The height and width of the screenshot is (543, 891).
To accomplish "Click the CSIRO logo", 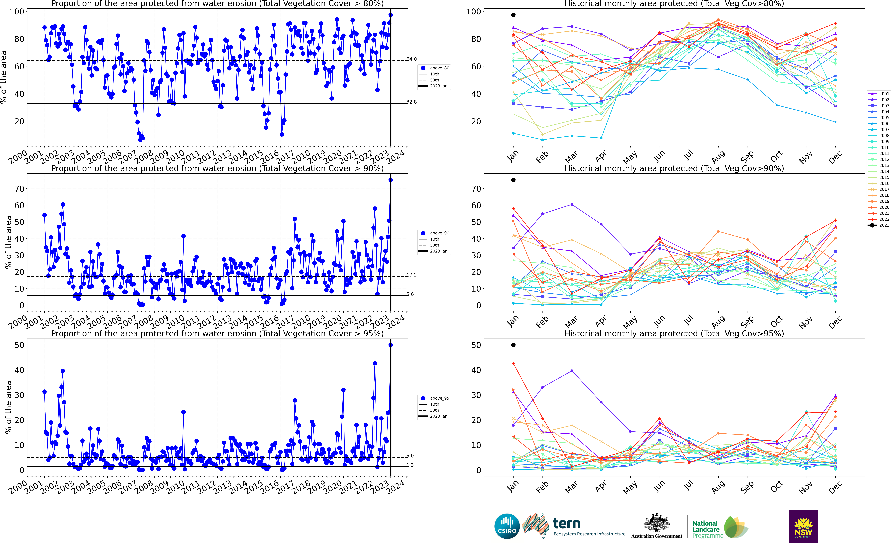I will point(507,526).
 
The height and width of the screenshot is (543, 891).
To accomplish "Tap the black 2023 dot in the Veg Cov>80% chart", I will point(513,15).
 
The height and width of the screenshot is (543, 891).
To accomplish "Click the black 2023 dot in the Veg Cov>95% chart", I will point(513,345).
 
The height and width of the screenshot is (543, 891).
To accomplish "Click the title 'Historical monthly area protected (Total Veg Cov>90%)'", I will point(674,168).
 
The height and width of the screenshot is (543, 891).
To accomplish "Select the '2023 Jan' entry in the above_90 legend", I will point(439,251).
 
